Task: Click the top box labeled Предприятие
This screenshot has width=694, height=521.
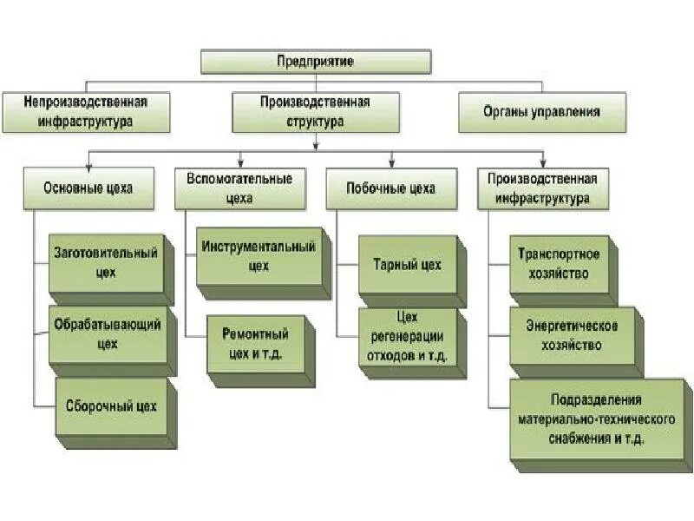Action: click(x=316, y=62)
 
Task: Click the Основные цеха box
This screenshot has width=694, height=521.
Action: click(x=89, y=188)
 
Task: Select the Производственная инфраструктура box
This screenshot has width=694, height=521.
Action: click(x=542, y=188)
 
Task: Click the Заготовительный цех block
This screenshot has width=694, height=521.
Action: click(x=106, y=262)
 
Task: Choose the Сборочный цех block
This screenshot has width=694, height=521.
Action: click(x=110, y=406)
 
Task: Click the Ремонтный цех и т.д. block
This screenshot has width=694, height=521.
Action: click(x=256, y=343)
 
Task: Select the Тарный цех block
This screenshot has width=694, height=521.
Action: click(x=407, y=264)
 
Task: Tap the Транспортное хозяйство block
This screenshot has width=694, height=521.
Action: click(x=559, y=264)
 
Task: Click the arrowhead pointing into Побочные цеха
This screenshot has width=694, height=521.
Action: click(x=392, y=161)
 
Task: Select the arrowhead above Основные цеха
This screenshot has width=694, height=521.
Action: click(x=88, y=161)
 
